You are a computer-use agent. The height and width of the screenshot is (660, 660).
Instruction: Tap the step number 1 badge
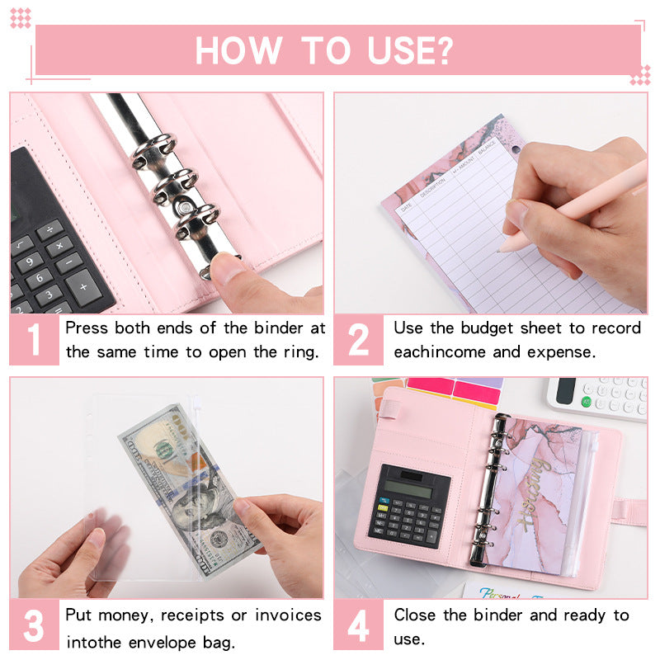click(x=34, y=340)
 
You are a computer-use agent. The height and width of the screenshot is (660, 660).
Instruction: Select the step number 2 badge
click(x=358, y=340)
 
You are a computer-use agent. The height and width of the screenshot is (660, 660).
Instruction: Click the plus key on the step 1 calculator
click(x=87, y=287)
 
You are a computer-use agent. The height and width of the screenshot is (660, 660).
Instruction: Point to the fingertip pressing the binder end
click(x=222, y=266)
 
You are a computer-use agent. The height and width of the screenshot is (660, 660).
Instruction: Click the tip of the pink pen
click(x=502, y=246)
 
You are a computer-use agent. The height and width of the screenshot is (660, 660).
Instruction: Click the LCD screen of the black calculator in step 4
click(x=409, y=488)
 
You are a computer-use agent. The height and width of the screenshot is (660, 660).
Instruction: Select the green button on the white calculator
click(x=587, y=402)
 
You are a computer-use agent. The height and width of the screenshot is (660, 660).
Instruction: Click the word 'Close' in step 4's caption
click(x=414, y=615)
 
